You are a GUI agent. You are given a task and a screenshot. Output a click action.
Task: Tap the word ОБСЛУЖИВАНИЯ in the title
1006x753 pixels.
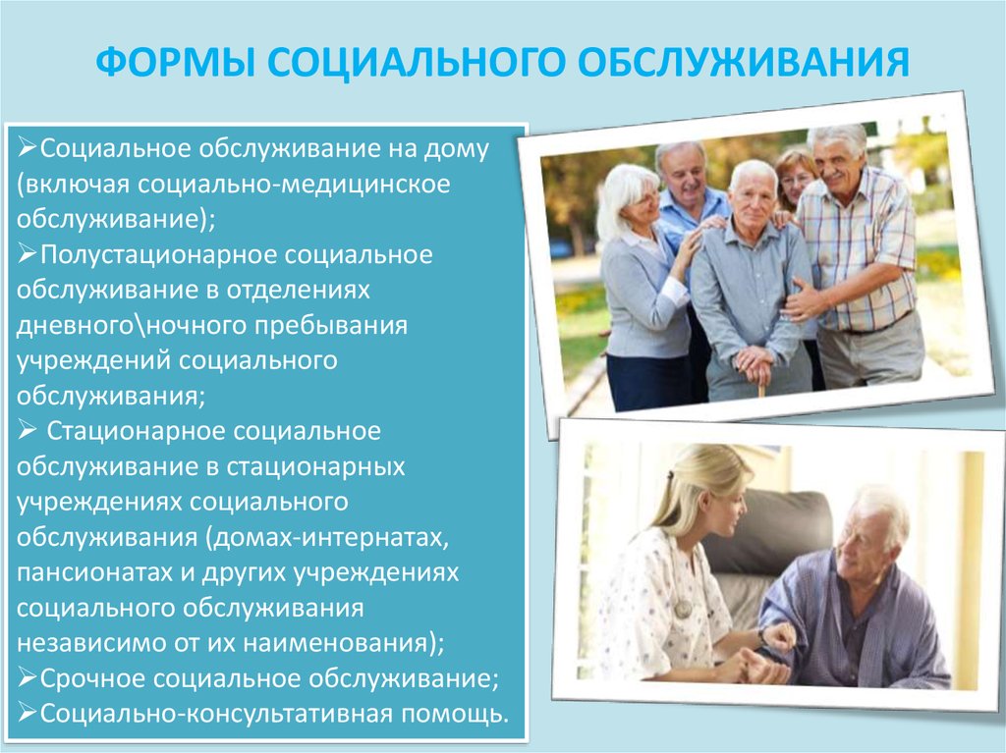(x=744, y=62)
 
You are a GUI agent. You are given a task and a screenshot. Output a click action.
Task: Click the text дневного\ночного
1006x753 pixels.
(x=132, y=325)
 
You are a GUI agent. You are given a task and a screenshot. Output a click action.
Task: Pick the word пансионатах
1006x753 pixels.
(x=94, y=572)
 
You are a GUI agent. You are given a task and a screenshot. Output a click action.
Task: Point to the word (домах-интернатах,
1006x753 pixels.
(x=327, y=537)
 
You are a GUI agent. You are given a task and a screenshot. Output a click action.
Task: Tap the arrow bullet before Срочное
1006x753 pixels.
(x=27, y=677)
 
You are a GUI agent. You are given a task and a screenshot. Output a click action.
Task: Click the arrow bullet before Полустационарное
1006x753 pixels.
(x=27, y=254)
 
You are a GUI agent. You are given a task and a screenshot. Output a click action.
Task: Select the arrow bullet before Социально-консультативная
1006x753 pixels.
(x=27, y=713)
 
